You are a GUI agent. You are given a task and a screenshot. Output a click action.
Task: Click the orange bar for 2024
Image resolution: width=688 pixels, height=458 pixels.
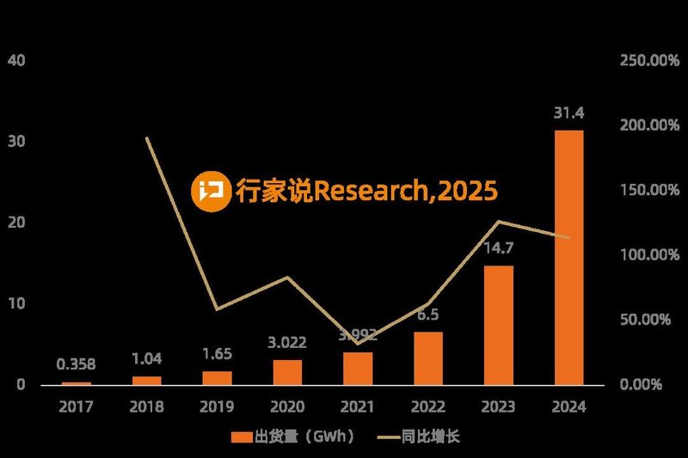click(x=569, y=257)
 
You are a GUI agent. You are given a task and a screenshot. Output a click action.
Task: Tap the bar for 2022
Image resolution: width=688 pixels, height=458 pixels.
click(x=428, y=357)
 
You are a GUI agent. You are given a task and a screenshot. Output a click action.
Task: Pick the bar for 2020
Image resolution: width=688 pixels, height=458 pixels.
click(x=288, y=371)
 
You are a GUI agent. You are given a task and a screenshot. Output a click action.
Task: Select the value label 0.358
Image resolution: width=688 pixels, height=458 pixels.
click(x=77, y=364)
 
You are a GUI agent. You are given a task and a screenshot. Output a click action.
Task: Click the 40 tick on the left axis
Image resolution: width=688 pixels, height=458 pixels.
click(x=16, y=60)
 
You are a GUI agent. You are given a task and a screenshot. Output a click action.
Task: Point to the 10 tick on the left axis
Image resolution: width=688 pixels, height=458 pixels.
click(x=16, y=303)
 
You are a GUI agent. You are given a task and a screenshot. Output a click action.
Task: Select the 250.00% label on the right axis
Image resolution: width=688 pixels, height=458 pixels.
click(x=643, y=60)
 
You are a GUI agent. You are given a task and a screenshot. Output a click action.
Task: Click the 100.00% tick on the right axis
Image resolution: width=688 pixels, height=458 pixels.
click(x=643, y=255)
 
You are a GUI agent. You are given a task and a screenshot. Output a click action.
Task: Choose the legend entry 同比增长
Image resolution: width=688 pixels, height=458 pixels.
click(x=430, y=437)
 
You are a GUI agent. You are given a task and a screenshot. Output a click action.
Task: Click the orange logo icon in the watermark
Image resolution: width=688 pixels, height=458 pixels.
click(x=210, y=190)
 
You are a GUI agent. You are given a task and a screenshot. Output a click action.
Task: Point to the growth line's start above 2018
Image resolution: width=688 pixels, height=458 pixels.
click(x=147, y=138)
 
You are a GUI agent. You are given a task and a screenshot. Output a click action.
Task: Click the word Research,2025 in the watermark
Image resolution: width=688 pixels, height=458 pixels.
click(x=404, y=191)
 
